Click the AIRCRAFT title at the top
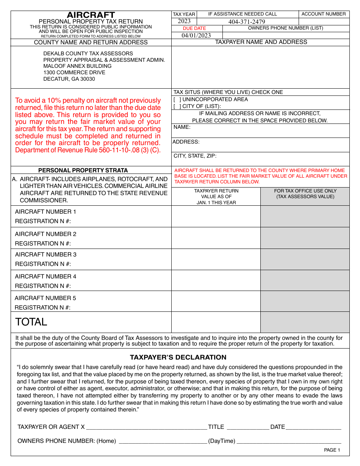coord(91,15)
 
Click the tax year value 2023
coord(184,21)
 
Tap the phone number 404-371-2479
coord(247,22)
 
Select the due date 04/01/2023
coord(196,36)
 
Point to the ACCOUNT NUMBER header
coord(324,14)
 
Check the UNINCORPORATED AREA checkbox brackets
coord(177,100)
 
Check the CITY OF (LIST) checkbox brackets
coord(177,106)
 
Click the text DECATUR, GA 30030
coord(69,79)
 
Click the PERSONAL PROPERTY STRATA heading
coord(83,170)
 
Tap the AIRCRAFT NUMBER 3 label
coord(45,255)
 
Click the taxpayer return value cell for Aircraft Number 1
coord(216,216)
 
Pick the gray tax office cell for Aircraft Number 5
coord(305,301)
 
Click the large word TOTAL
coord(31,322)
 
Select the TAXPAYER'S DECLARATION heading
coord(178,357)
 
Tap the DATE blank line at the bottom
coord(313,427)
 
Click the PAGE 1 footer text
coord(332,450)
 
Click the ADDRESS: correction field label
coord(186,142)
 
